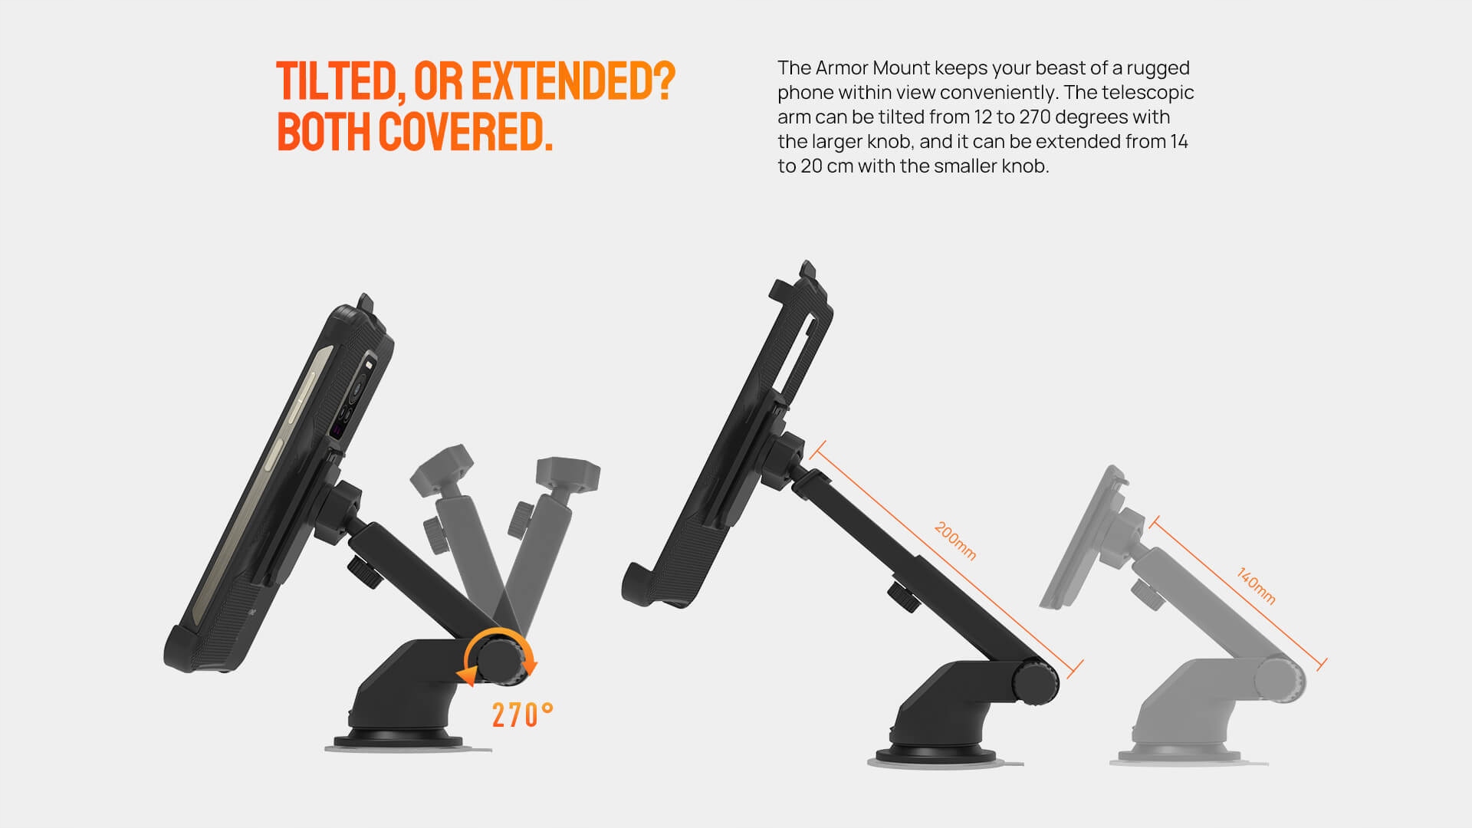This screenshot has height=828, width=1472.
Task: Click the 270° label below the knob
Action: point(522,715)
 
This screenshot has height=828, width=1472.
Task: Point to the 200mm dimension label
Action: point(955,541)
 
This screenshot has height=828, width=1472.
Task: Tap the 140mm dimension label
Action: point(1256,586)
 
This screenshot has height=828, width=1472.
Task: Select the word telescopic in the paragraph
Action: point(1147,93)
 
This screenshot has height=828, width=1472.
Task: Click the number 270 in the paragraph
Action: point(1034,117)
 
